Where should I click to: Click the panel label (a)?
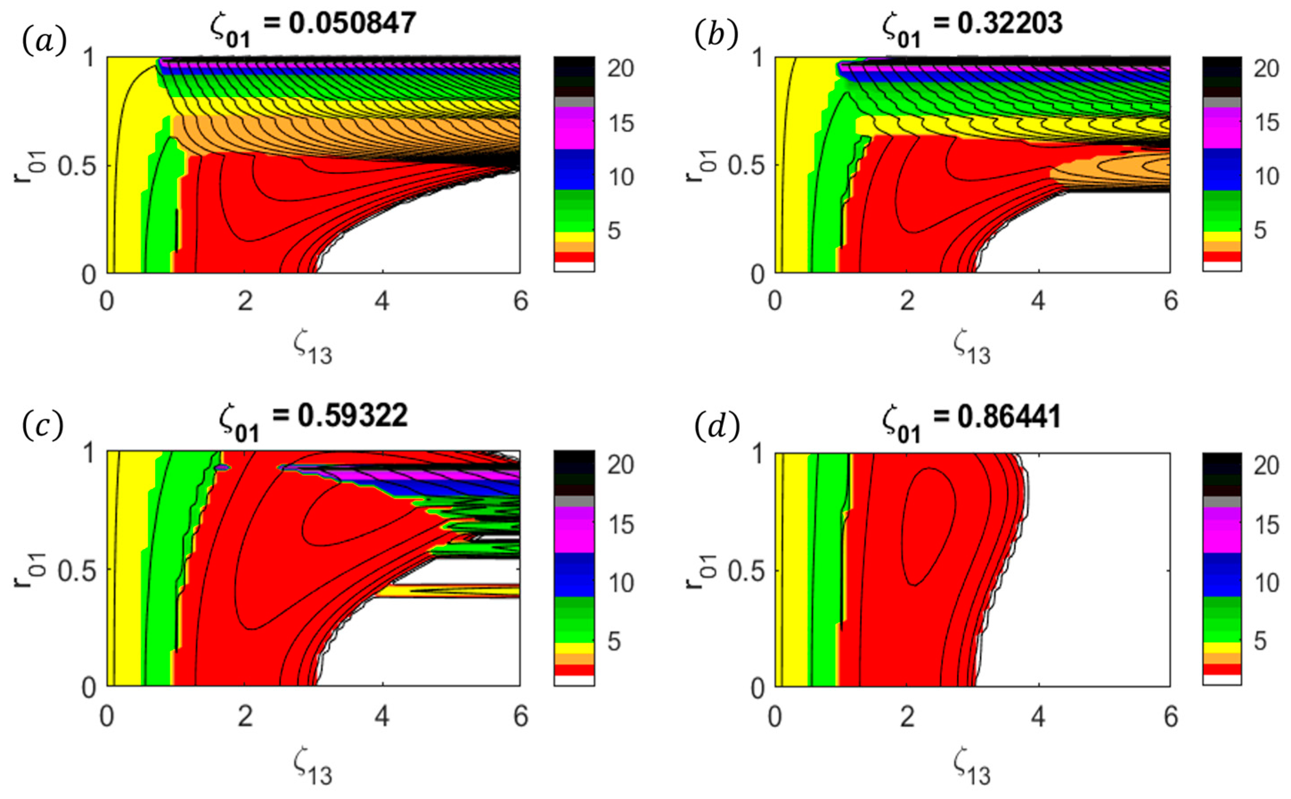(45, 41)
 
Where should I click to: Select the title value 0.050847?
(352, 23)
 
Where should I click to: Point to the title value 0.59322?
(352, 416)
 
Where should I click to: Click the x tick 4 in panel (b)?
(1039, 302)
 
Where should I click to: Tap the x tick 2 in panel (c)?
(244, 717)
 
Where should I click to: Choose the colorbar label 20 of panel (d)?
(1266, 465)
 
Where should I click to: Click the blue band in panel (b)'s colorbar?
(1222, 169)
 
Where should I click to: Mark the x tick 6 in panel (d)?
(1171, 717)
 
